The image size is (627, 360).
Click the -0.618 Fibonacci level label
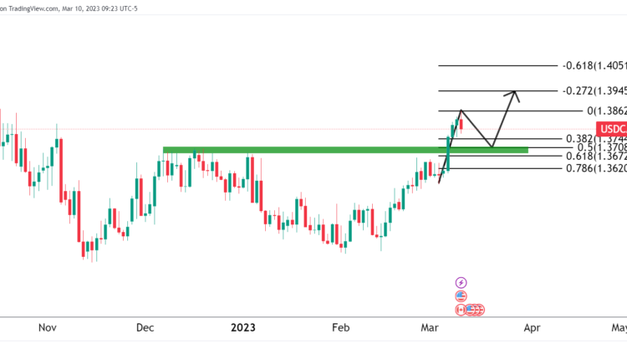594,65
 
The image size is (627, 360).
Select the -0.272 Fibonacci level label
594,90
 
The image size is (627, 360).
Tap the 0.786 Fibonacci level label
594,167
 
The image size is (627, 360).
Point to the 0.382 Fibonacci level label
594,138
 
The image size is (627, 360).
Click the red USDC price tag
611,128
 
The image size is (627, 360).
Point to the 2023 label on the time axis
242,329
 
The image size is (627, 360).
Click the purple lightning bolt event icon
461,283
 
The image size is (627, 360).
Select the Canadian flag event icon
461,310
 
